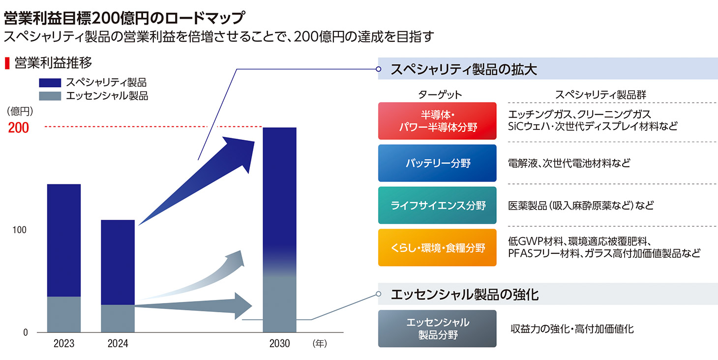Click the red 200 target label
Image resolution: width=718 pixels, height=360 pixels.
[x=18, y=127]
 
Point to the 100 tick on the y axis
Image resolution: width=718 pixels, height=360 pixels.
[x=19, y=230]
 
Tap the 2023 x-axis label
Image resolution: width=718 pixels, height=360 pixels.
[x=64, y=344]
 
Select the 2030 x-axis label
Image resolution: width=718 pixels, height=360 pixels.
[x=279, y=344]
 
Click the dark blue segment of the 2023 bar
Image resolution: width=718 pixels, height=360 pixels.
[x=64, y=240]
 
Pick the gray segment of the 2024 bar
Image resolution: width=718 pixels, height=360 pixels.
[x=118, y=318]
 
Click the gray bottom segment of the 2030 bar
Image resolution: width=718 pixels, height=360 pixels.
[x=279, y=304]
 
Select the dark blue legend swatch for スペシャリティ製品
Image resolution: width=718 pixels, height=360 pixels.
[x=50, y=83]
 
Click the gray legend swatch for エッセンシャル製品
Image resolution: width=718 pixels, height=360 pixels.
[x=50, y=96]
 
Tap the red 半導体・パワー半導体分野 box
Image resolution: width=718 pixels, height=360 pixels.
[x=437, y=121]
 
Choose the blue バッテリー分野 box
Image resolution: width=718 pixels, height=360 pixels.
[x=437, y=163]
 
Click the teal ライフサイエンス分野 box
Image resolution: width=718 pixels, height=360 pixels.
[x=437, y=205]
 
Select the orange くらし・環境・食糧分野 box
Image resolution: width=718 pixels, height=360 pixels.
[x=437, y=247]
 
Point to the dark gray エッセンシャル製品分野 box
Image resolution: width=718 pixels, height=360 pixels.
[x=437, y=329]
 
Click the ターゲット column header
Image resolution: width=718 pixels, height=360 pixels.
[x=440, y=94]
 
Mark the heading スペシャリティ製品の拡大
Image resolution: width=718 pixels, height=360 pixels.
[x=463, y=69]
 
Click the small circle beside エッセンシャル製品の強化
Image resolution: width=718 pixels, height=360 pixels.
[x=379, y=294]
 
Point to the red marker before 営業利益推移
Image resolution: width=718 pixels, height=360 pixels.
[x=7, y=63]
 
